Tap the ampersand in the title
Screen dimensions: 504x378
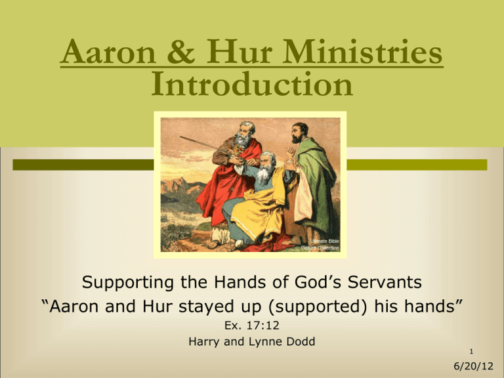pyautogui.click(x=181, y=52)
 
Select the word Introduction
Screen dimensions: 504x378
pyautogui.click(x=252, y=84)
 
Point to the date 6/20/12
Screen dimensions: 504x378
pyautogui.click(x=473, y=366)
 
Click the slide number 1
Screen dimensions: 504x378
pyautogui.click(x=471, y=352)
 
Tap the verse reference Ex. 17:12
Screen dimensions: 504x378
pyautogui.click(x=252, y=325)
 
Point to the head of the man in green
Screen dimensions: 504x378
pyautogui.click(x=299, y=133)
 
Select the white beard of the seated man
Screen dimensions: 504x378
pyautogui.click(x=264, y=173)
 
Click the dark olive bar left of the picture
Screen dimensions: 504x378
pyautogui.click(x=83, y=165)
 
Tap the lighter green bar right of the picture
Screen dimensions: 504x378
pyautogui.click(x=417, y=165)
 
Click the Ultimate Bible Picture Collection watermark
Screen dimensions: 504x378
pyautogui.click(x=320, y=244)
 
